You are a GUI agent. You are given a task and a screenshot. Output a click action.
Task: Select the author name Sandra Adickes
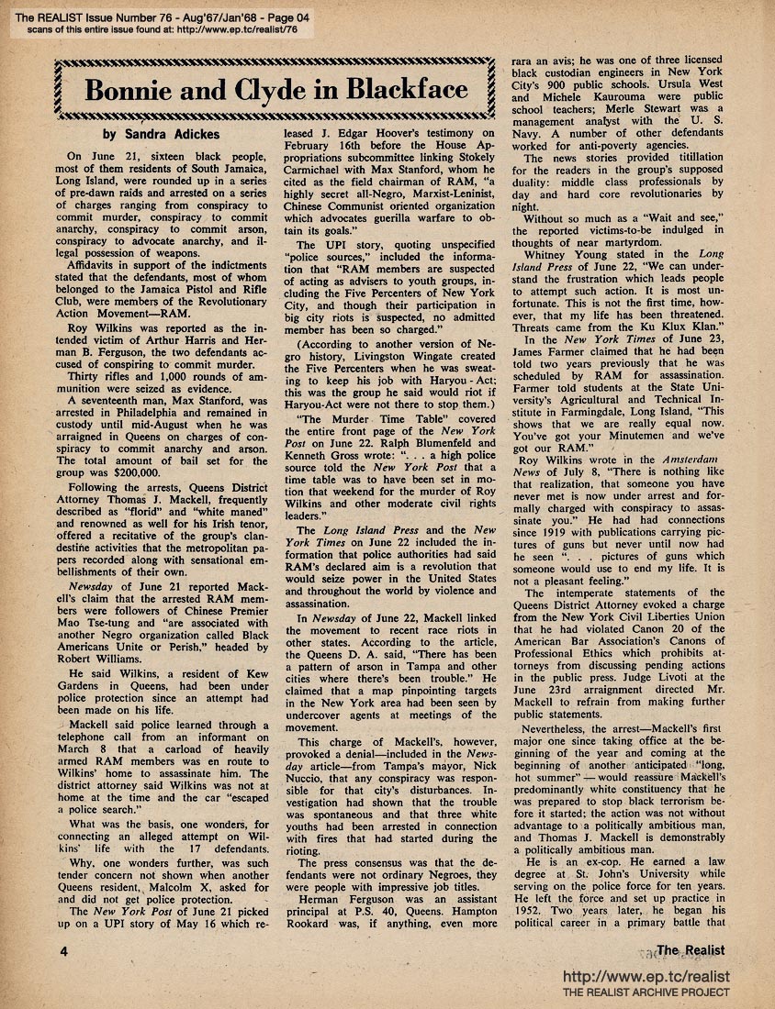pos(175,135)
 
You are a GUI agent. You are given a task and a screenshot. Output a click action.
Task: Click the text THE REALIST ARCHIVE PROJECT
pos(646,992)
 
